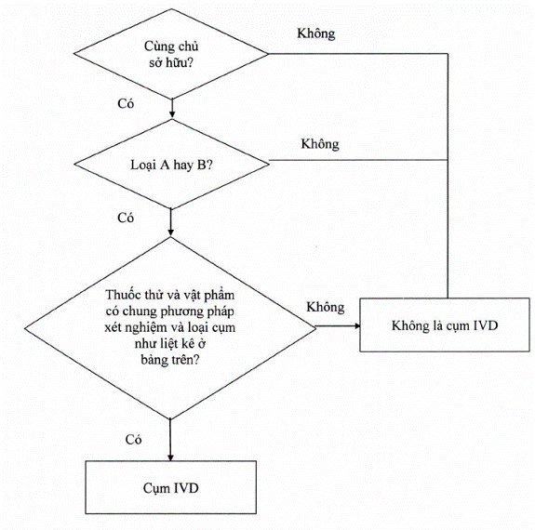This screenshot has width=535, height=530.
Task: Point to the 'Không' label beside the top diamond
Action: click(316, 33)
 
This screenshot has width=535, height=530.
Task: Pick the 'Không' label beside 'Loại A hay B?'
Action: click(320, 144)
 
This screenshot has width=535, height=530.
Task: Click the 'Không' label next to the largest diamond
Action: click(325, 307)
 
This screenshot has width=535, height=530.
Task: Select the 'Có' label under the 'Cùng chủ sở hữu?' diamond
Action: click(126, 104)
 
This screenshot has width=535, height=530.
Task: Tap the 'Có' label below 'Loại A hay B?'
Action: click(126, 218)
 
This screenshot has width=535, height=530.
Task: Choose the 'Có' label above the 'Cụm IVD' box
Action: click(133, 439)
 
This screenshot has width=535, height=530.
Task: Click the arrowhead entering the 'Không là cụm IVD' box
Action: click(357, 326)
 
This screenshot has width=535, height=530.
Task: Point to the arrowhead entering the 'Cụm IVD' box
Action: click(170, 457)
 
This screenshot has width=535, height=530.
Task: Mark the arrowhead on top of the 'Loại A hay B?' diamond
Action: click(172, 115)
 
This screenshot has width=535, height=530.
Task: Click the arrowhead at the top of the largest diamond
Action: click(170, 232)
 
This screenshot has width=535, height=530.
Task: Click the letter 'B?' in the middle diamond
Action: click(205, 165)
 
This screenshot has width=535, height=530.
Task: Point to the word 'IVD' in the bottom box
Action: click(186, 488)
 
